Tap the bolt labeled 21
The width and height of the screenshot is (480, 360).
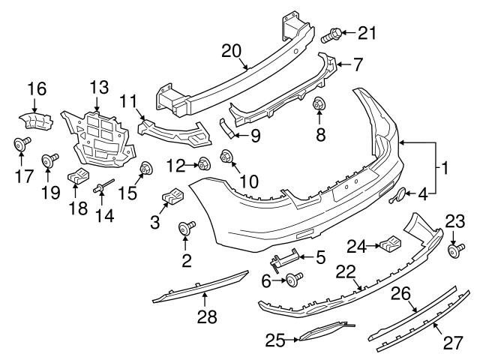(333, 34)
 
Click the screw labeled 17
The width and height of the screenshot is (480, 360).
(20, 144)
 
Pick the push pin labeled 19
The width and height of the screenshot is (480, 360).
(52, 159)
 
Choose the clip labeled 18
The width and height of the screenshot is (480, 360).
(78, 178)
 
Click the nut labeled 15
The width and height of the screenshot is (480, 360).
(144, 169)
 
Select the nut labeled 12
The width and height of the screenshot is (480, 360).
(202, 163)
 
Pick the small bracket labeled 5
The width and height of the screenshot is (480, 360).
(283, 260)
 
